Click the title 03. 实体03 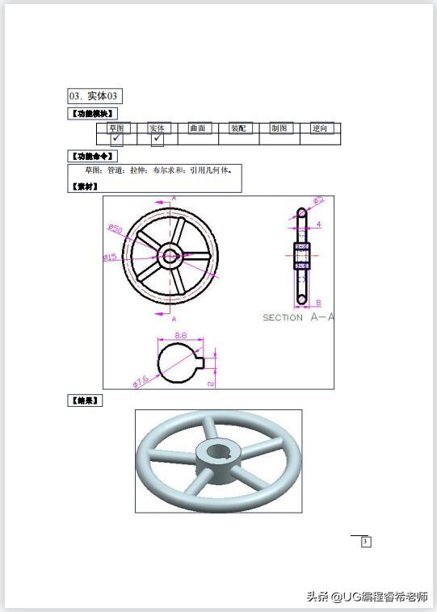95,96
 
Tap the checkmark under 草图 116,139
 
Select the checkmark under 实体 157,139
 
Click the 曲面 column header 197,128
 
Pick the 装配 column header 238,128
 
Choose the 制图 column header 279,128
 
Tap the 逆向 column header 321,128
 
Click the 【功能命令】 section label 93,156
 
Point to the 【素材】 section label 85,187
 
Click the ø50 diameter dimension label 115,229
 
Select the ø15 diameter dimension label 110,258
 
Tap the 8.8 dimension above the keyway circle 181,334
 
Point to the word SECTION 283,318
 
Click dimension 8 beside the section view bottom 318,303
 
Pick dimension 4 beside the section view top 319,224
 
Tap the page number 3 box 365,541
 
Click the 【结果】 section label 85,400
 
